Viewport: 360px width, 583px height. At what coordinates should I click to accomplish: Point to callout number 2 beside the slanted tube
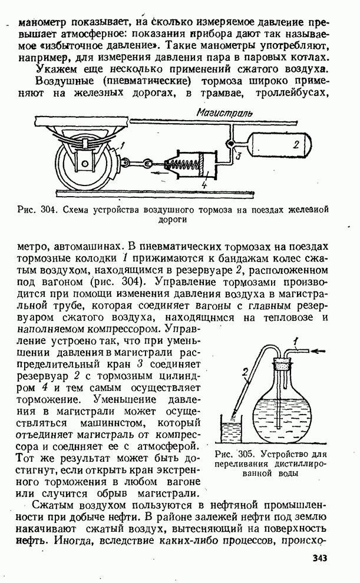pos(243,372)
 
